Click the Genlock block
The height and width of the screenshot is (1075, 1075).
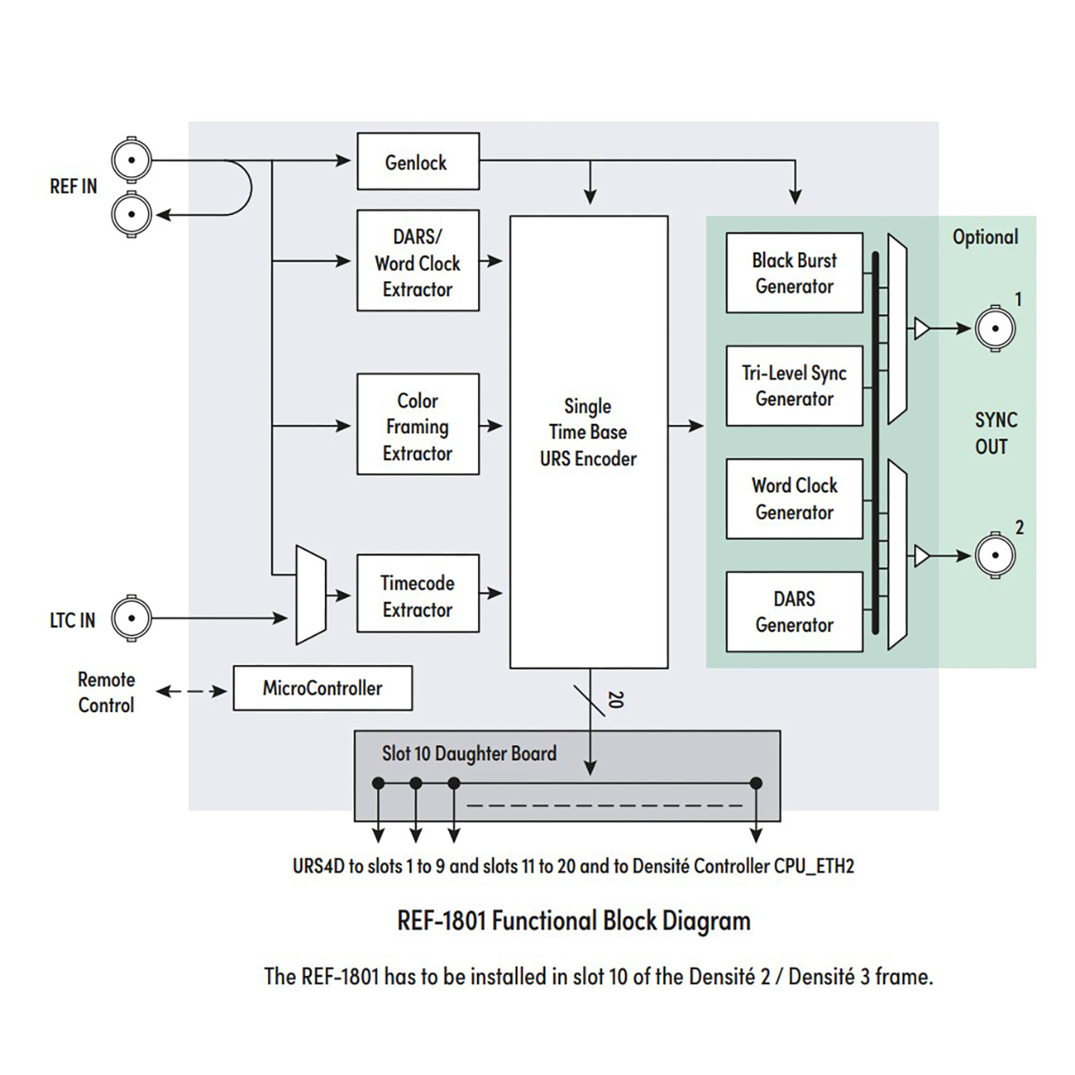tap(417, 161)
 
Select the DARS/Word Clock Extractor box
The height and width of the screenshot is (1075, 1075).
tap(417, 261)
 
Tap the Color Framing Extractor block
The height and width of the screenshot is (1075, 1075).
tap(417, 425)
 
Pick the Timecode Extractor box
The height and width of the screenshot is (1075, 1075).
tap(417, 594)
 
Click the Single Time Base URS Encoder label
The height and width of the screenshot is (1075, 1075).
tap(588, 433)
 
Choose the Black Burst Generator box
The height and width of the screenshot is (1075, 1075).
tap(794, 273)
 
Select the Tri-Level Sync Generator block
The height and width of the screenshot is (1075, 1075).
tap(794, 385)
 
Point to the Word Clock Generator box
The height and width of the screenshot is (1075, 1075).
tap(794, 499)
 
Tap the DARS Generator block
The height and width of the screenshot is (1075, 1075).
tap(794, 611)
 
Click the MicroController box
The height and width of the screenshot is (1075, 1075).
tap(322, 689)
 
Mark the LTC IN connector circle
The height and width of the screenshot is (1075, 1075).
tap(132, 619)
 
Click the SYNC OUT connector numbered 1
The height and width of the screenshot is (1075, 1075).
tap(995, 328)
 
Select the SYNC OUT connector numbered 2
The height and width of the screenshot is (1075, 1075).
tap(995, 555)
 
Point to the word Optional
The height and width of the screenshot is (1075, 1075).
tap(985, 238)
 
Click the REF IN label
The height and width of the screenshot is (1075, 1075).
tap(73, 186)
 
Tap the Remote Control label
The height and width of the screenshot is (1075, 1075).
tap(106, 692)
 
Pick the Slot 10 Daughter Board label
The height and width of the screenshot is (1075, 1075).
tap(469, 753)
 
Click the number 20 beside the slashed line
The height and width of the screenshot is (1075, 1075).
tap(616, 700)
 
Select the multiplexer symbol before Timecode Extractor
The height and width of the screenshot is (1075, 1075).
tap(311, 595)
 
